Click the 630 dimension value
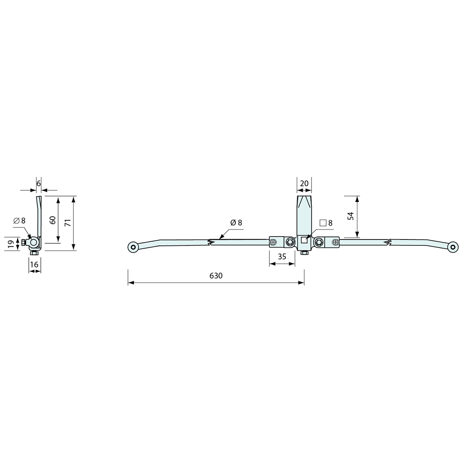click(x=216, y=276)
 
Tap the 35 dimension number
click(x=282, y=257)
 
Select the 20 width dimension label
click(x=304, y=184)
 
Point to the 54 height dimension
click(x=351, y=216)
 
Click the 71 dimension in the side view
click(x=68, y=223)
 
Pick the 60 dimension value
click(x=53, y=220)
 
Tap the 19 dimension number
click(x=11, y=244)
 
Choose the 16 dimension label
click(x=34, y=265)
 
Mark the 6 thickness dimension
click(x=39, y=184)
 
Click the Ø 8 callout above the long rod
click(x=236, y=223)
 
